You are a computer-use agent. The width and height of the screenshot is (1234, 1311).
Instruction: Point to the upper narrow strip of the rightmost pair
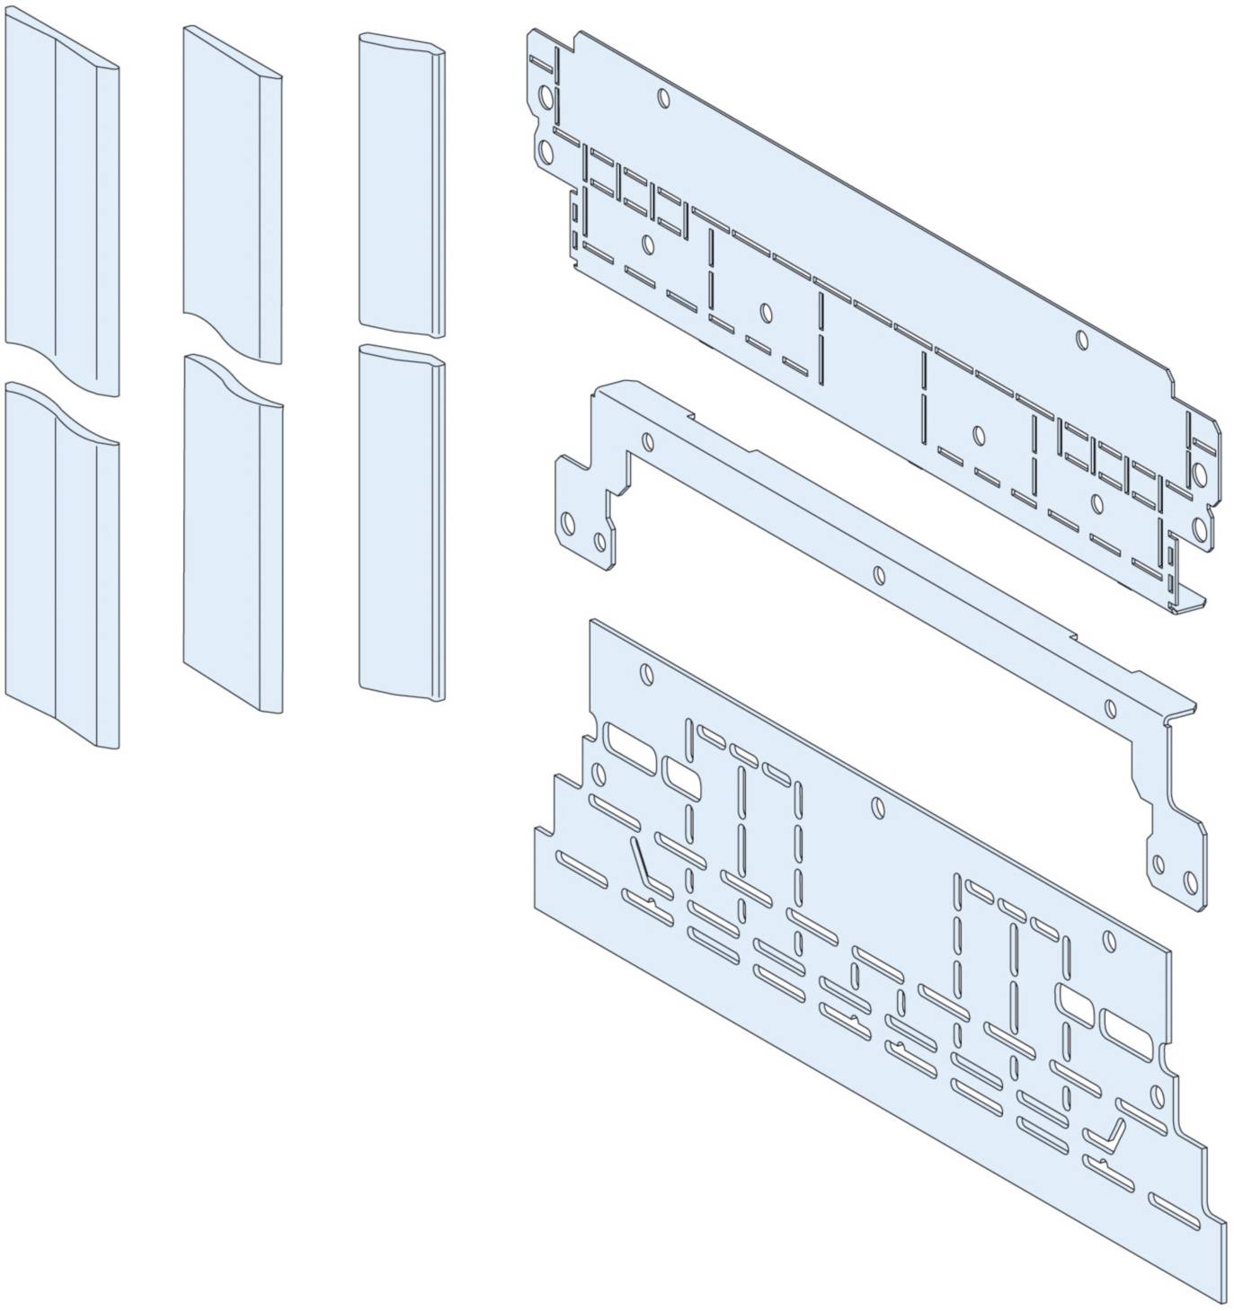401,184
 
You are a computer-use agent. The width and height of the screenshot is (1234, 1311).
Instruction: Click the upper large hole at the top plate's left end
543,97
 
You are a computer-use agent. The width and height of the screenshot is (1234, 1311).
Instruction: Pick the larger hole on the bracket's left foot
567,524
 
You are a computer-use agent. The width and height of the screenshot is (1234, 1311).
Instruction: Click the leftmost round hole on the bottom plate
644,672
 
